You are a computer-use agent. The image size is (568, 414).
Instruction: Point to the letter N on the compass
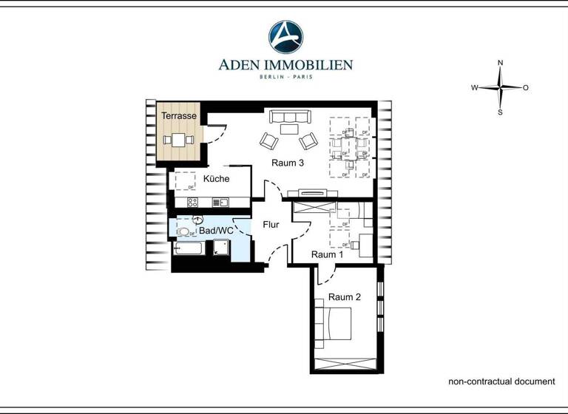(501, 63)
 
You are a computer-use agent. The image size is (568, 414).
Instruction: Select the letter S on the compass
(501, 112)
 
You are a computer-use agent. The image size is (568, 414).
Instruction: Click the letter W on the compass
(474, 88)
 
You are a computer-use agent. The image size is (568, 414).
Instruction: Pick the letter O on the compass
(526, 88)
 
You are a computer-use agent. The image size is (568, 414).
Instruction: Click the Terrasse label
(179, 116)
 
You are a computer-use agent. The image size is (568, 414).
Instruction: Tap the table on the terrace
(179, 139)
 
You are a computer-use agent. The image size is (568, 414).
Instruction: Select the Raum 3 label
(288, 163)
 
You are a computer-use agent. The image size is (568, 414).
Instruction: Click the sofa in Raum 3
(290, 117)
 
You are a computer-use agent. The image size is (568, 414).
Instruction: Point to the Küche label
(216, 179)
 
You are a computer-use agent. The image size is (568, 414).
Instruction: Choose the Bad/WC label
(216, 231)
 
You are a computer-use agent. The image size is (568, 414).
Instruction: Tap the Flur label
(271, 225)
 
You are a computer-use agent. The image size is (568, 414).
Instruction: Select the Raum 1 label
(327, 254)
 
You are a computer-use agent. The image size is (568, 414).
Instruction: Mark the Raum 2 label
(345, 297)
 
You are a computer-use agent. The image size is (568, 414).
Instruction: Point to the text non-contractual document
(501, 381)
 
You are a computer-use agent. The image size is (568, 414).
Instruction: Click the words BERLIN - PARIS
(285, 77)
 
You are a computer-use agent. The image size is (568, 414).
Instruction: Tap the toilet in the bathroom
(183, 231)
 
